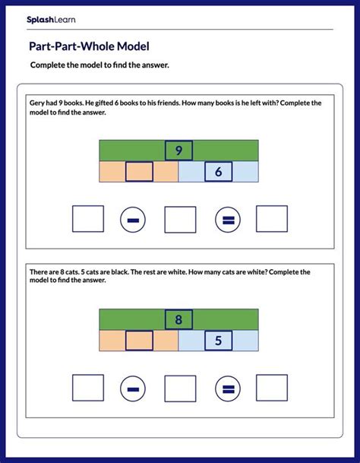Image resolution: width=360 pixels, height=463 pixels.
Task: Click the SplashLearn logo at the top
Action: (51, 19)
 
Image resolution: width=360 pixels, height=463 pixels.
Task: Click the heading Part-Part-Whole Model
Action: (88, 46)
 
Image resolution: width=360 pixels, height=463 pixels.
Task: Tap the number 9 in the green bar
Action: (178, 151)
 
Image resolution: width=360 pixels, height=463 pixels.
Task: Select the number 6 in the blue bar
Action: (218, 172)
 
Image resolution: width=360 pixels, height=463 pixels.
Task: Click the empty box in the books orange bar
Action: (139, 172)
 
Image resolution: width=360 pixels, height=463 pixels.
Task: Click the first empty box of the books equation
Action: (88, 219)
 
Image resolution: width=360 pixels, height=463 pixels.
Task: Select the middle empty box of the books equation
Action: (180, 219)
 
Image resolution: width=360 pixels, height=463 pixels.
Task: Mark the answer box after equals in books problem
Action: (271, 219)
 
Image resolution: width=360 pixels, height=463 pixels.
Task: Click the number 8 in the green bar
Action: (178, 319)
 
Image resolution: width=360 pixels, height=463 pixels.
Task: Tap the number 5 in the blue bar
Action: (218, 341)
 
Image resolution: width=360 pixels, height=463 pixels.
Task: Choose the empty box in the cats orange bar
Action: (139, 341)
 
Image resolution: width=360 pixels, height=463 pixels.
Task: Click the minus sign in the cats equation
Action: (133, 388)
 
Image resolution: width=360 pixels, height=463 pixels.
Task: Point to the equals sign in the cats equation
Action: (227, 388)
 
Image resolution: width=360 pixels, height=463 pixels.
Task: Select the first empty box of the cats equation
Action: (88, 388)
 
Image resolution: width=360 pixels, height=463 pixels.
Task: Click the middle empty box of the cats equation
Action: (180, 388)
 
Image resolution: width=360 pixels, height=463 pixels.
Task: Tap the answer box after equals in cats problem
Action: (271, 388)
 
